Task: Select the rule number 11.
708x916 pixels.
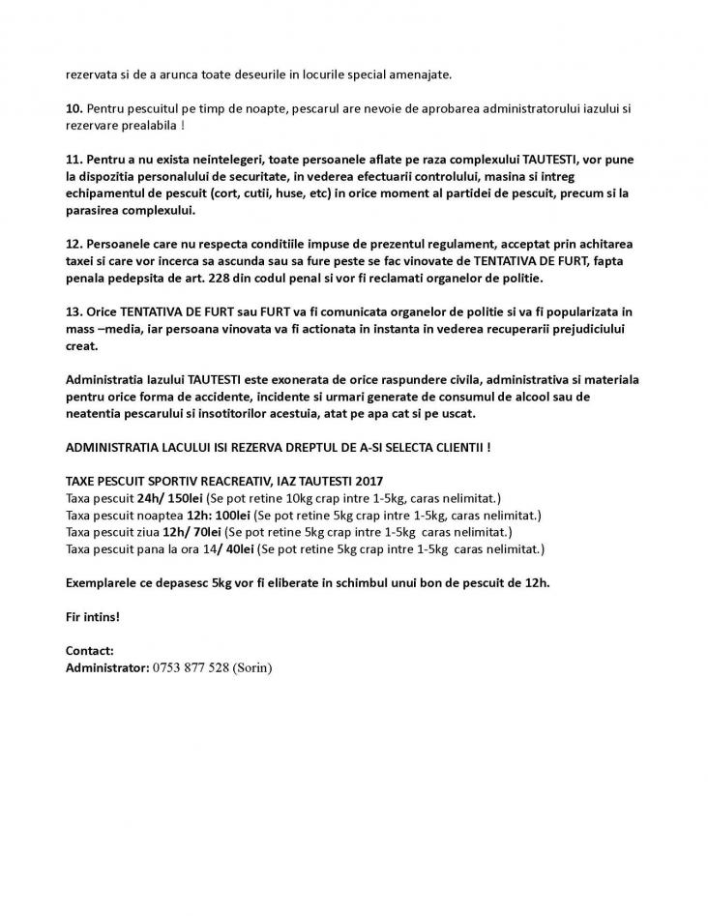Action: pos(74,158)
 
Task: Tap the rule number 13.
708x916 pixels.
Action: pos(74,312)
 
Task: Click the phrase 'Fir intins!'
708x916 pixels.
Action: pos(93,616)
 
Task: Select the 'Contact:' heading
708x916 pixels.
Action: pos(90,651)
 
